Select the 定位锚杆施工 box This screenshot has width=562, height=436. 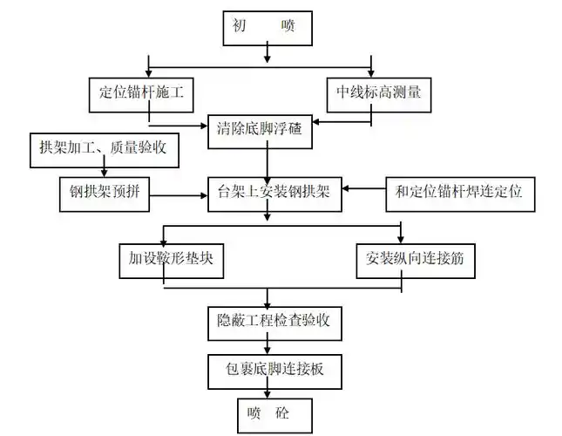[148, 90]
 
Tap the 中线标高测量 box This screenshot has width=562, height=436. [378, 90]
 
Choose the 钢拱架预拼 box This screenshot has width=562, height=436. [98, 191]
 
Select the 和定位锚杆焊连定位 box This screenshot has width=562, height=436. [459, 191]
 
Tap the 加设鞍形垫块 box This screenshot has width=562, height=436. [167, 258]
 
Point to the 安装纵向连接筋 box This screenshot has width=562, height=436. [416, 258]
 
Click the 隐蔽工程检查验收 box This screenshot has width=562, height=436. [274, 322]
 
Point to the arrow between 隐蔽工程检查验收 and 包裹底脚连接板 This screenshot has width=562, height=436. [267, 345]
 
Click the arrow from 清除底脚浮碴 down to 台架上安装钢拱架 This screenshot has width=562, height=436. [267, 161]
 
